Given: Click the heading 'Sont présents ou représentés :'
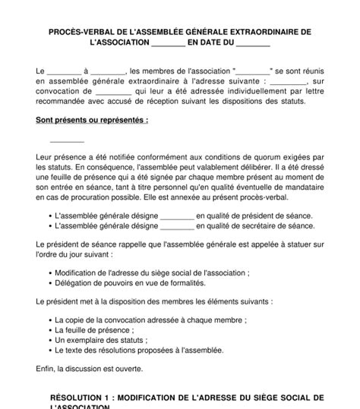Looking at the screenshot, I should (x=92, y=120).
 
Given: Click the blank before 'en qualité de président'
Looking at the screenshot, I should (x=178, y=215).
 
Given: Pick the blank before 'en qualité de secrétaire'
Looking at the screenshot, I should (x=178, y=225).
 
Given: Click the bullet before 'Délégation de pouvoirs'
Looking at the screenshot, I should (x=50, y=282).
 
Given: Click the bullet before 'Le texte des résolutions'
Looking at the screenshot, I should (x=50, y=350).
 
